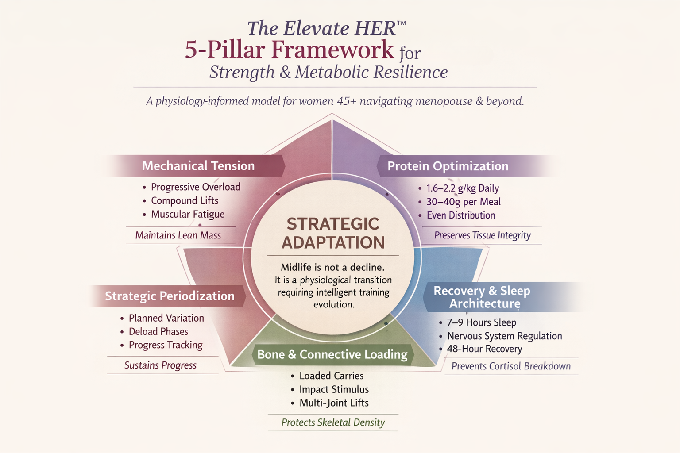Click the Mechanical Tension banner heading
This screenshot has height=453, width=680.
click(198, 166)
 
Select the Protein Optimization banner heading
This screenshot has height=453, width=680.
click(448, 166)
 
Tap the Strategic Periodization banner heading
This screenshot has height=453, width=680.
click(170, 296)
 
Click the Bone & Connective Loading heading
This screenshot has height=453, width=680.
click(332, 354)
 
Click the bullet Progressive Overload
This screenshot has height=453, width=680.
click(195, 187)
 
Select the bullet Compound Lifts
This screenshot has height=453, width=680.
click(185, 201)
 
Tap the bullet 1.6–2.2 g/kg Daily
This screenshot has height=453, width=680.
click(462, 188)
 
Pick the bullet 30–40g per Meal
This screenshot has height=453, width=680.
click(463, 202)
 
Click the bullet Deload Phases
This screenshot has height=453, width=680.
click(158, 332)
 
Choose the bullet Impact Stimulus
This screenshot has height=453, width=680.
click(334, 389)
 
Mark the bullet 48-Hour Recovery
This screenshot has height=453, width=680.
click(484, 349)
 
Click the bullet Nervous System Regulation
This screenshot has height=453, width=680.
click(504, 336)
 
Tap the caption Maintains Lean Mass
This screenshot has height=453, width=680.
click(178, 235)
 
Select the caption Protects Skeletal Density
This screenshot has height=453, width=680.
click(333, 422)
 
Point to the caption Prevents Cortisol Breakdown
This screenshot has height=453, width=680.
click(511, 366)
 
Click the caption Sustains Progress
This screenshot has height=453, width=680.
click(160, 365)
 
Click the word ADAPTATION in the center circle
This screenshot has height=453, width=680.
click(333, 243)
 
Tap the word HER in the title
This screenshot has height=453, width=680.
click(375, 29)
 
